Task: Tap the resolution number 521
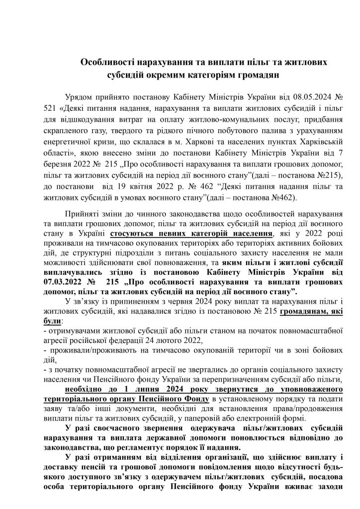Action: [51, 107]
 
